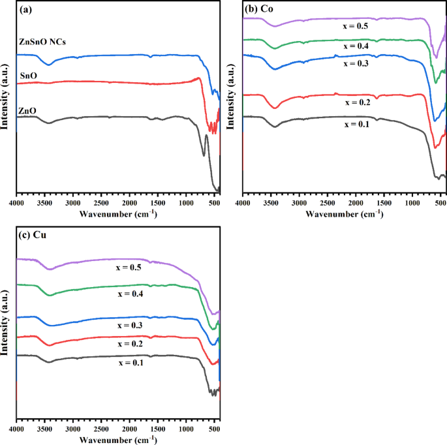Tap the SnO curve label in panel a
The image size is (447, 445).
pyautogui.click(x=29, y=76)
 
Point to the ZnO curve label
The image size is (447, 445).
pyautogui.click(x=29, y=112)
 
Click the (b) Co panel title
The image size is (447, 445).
pyautogui.click(x=260, y=10)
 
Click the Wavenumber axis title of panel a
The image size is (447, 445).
pyautogui.click(x=117, y=213)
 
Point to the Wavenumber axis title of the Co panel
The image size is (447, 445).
pyautogui.click(x=345, y=213)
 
